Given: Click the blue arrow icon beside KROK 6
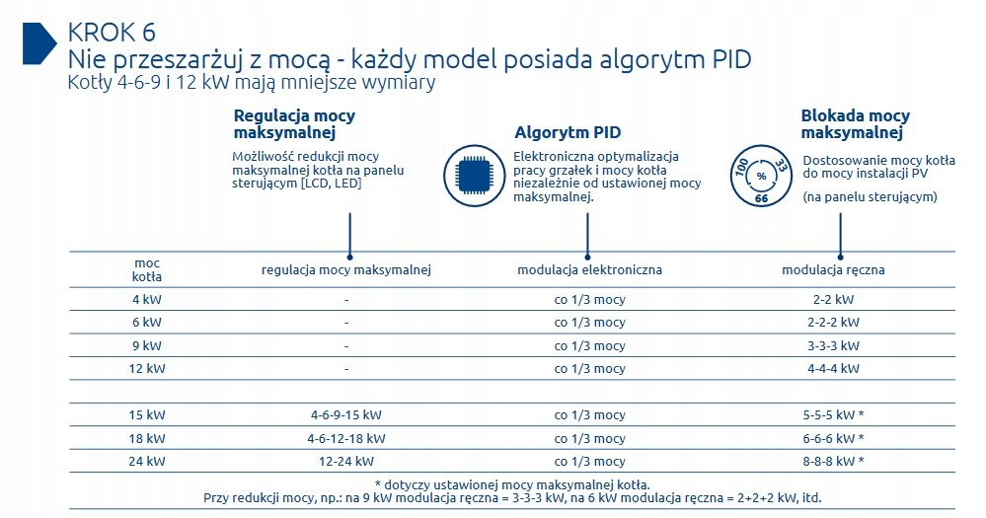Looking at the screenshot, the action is tap(39, 43).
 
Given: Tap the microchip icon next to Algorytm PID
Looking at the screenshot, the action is tap(474, 176).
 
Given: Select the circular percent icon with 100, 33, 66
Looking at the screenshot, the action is tap(761, 176).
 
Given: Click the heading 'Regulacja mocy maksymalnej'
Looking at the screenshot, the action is tap(294, 124).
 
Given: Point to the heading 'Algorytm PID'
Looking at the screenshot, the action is tap(568, 132).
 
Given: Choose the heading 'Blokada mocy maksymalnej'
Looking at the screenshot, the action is tap(855, 124).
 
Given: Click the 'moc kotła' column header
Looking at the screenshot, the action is tap(147, 269).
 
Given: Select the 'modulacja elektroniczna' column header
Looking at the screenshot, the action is tap(590, 269).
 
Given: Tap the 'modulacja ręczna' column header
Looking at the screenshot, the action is tap(833, 269).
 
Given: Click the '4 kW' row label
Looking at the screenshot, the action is tap(147, 299).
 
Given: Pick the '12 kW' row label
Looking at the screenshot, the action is tap(147, 368).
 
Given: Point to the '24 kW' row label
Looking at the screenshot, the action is tap(147, 461).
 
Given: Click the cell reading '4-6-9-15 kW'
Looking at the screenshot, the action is tap(345, 415).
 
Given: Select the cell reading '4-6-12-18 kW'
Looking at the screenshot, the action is tap(345, 438).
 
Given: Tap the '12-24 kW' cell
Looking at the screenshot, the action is tap(345, 461).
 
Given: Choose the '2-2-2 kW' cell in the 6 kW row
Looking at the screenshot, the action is tap(833, 323).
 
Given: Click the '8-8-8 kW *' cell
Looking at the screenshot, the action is tap(833, 461).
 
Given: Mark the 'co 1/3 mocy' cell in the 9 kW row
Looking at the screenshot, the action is tap(590, 345).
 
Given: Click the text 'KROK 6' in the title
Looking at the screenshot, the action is tap(112, 33).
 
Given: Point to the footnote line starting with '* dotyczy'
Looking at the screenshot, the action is tap(512, 484).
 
